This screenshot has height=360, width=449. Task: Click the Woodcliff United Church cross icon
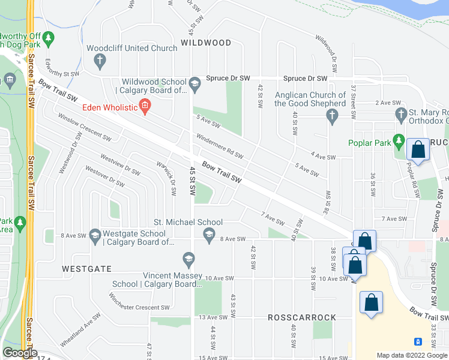tap(100, 60)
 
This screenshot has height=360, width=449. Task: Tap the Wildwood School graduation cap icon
tap(194, 86)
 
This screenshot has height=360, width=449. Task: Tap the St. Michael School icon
tap(209, 235)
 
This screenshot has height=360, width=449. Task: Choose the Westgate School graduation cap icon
tap(95, 238)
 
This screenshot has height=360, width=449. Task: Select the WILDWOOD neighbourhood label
tap(206, 43)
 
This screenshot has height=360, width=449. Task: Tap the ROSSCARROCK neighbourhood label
tap(292, 317)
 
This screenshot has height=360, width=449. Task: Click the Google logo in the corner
tap(20, 353)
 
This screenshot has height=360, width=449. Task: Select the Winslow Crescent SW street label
tap(83, 128)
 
